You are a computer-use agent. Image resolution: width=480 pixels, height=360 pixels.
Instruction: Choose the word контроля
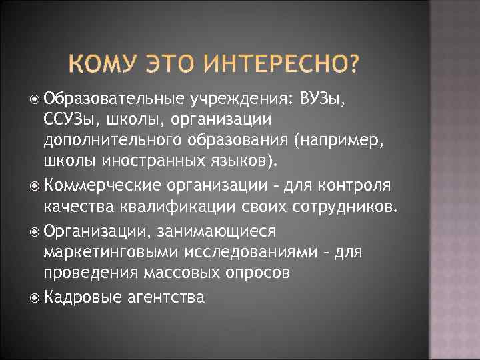tap(363, 185)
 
